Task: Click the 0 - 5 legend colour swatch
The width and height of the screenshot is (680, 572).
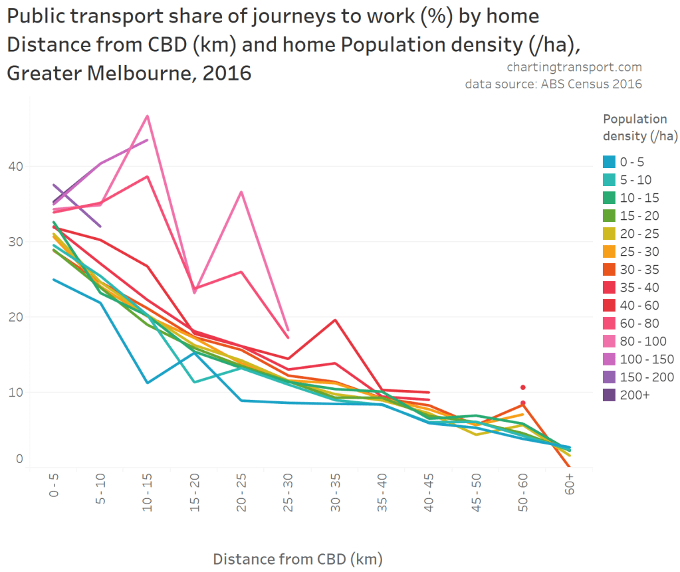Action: click(x=609, y=161)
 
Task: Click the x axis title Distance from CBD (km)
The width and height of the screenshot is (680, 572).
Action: click(x=298, y=558)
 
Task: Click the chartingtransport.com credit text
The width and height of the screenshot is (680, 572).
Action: click(x=574, y=67)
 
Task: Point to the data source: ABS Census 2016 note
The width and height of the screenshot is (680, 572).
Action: click(x=553, y=84)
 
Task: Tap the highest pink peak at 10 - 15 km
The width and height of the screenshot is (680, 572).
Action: click(x=147, y=116)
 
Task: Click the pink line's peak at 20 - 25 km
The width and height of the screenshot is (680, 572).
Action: click(x=241, y=192)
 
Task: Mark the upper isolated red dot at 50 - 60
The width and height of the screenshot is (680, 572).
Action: click(x=523, y=387)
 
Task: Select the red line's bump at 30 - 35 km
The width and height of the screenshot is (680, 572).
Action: click(x=336, y=320)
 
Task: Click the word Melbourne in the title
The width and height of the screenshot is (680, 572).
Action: click(x=133, y=72)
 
